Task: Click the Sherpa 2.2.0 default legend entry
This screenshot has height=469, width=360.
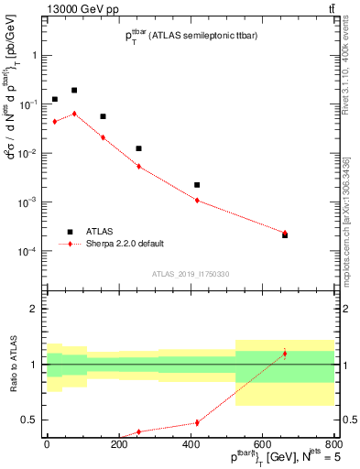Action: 125,244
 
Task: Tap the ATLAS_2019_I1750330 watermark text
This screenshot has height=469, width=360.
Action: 190,274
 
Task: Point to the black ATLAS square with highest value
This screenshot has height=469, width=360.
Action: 74,91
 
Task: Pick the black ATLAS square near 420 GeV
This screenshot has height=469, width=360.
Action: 197,185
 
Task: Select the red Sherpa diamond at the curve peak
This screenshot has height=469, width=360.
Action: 74,114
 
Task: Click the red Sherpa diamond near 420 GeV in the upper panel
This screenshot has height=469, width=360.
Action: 197,201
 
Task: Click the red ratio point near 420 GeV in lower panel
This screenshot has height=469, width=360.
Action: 197,422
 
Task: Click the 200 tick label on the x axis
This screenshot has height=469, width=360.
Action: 118,445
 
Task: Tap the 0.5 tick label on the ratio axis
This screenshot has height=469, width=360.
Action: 29,420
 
